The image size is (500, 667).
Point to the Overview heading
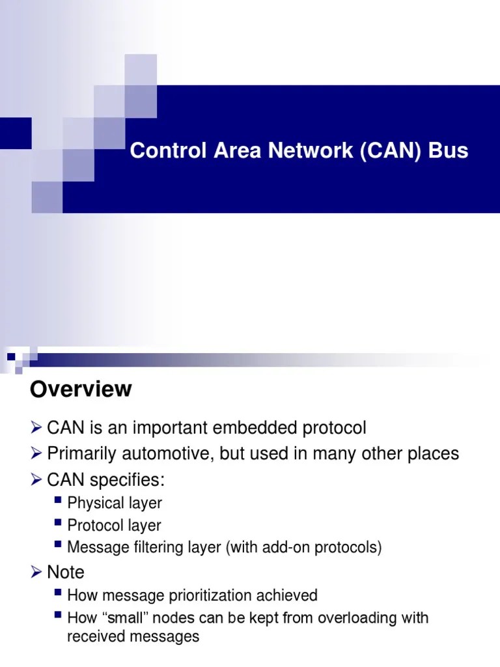point(81,390)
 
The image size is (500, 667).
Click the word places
point(431,453)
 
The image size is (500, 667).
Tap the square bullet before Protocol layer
point(59,524)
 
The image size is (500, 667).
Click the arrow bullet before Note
point(36,572)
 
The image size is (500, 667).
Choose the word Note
point(66,572)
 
